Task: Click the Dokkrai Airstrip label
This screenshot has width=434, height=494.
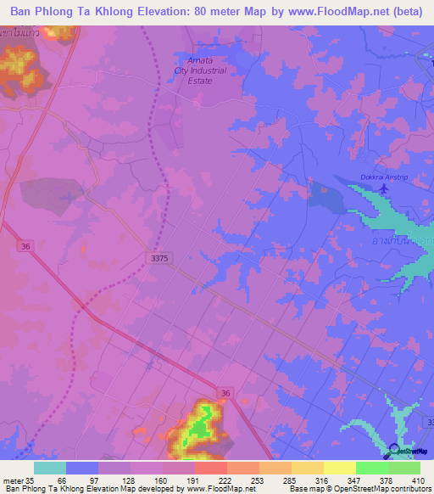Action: (x=379, y=177)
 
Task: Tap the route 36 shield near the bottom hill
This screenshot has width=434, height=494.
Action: (x=224, y=393)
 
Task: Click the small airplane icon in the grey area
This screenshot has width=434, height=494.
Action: (x=67, y=199)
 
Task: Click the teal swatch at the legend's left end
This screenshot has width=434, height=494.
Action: (x=50, y=468)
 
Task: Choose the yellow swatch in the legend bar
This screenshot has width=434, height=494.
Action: (x=338, y=468)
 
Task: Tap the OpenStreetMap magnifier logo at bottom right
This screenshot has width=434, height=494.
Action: (x=395, y=451)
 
